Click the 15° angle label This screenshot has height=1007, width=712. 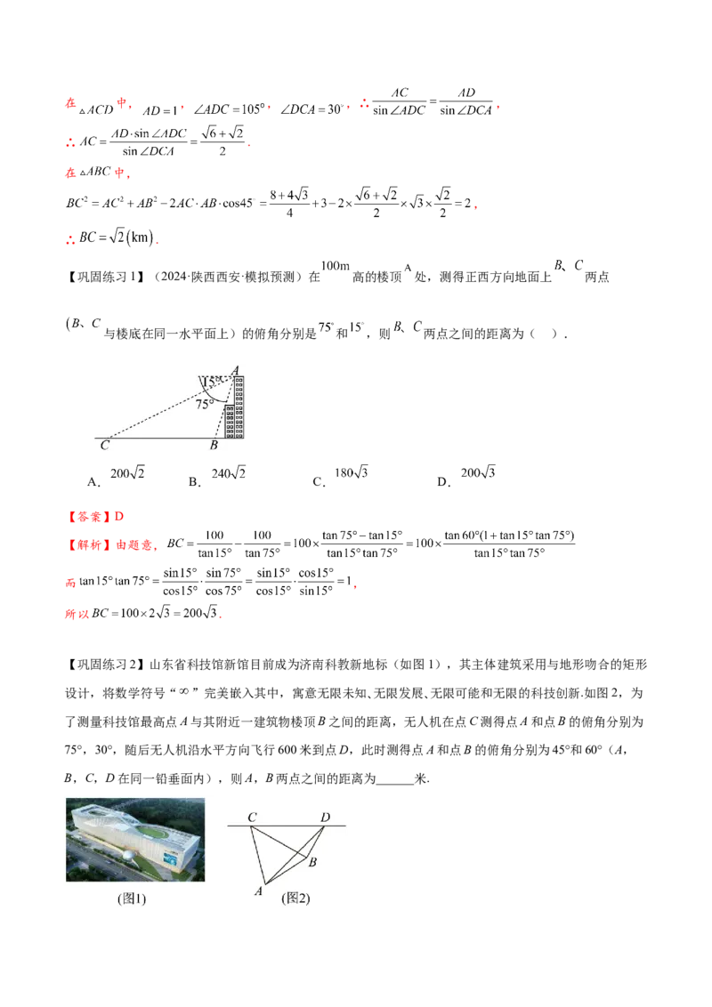pyautogui.click(x=212, y=382)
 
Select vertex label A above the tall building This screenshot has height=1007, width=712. pyautogui.click(x=236, y=369)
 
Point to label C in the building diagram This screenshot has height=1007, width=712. pyautogui.click(x=104, y=445)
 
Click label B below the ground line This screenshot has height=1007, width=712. pyautogui.click(x=214, y=445)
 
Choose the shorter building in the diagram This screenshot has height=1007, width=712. pyautogui.click(x=229, y=422)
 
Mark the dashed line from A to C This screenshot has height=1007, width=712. pyautogui.click(x=169, y=406)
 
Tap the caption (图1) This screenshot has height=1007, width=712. pyautogui.click(x=132, y=899)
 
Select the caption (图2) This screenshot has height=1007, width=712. pyautogui.click(x=295, y=899)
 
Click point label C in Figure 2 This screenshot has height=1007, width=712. pyautogui.click(x=253, y=817)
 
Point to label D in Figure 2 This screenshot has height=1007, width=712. pyautogui.click(x=325, y=817)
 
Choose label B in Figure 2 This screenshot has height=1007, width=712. pyautogui.click(x=312, y=861)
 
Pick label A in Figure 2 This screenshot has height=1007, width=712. pyautogui.click(x=259, y=890)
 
